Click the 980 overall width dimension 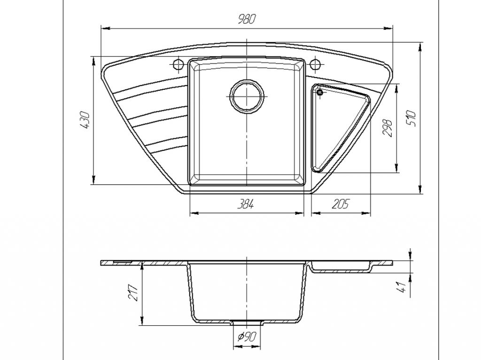(246, 19)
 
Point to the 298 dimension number (388, 128)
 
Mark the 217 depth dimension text (132, 293)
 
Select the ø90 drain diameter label (246, 337)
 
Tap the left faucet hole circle (178, 64)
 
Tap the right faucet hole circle (315, 64)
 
